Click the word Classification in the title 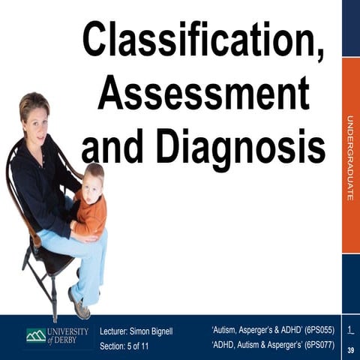202,39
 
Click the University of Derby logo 57,335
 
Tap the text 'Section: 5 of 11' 130,346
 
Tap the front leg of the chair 54,296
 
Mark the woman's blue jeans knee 93,244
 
